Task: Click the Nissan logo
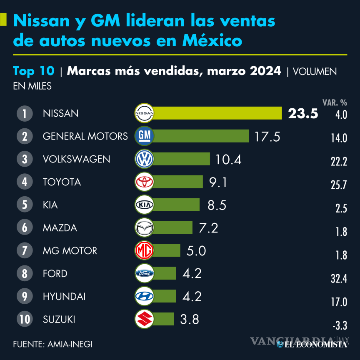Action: pos(145,113)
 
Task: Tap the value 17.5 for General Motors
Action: pos(267,136)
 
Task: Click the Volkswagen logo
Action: pos(145,159)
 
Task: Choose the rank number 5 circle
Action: pos(25,205)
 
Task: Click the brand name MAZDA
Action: pos(60,228)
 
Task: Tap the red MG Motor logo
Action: pos(145,250)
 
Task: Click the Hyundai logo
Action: pos(145,296)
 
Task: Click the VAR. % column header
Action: pos(334,102)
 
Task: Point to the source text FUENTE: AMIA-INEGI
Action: pos(52,344)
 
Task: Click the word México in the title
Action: pos(212,41)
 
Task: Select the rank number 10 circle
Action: pos(25,319)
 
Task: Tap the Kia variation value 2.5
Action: pos(341,209)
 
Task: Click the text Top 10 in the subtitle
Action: pos(33,71)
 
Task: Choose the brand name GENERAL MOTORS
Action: pos(85,136)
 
